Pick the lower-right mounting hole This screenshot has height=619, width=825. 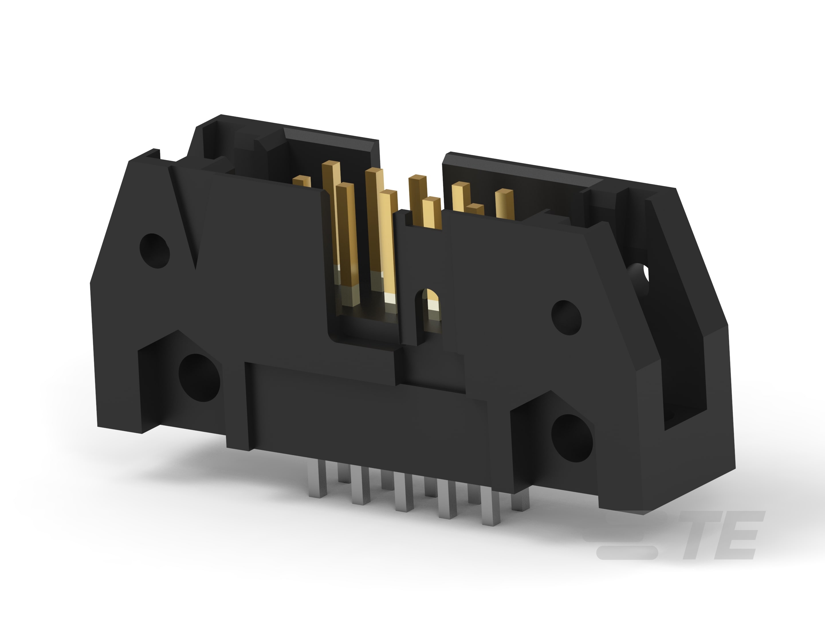(x=572, y=438)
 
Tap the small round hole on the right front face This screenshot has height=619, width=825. (x=566, y=318)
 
